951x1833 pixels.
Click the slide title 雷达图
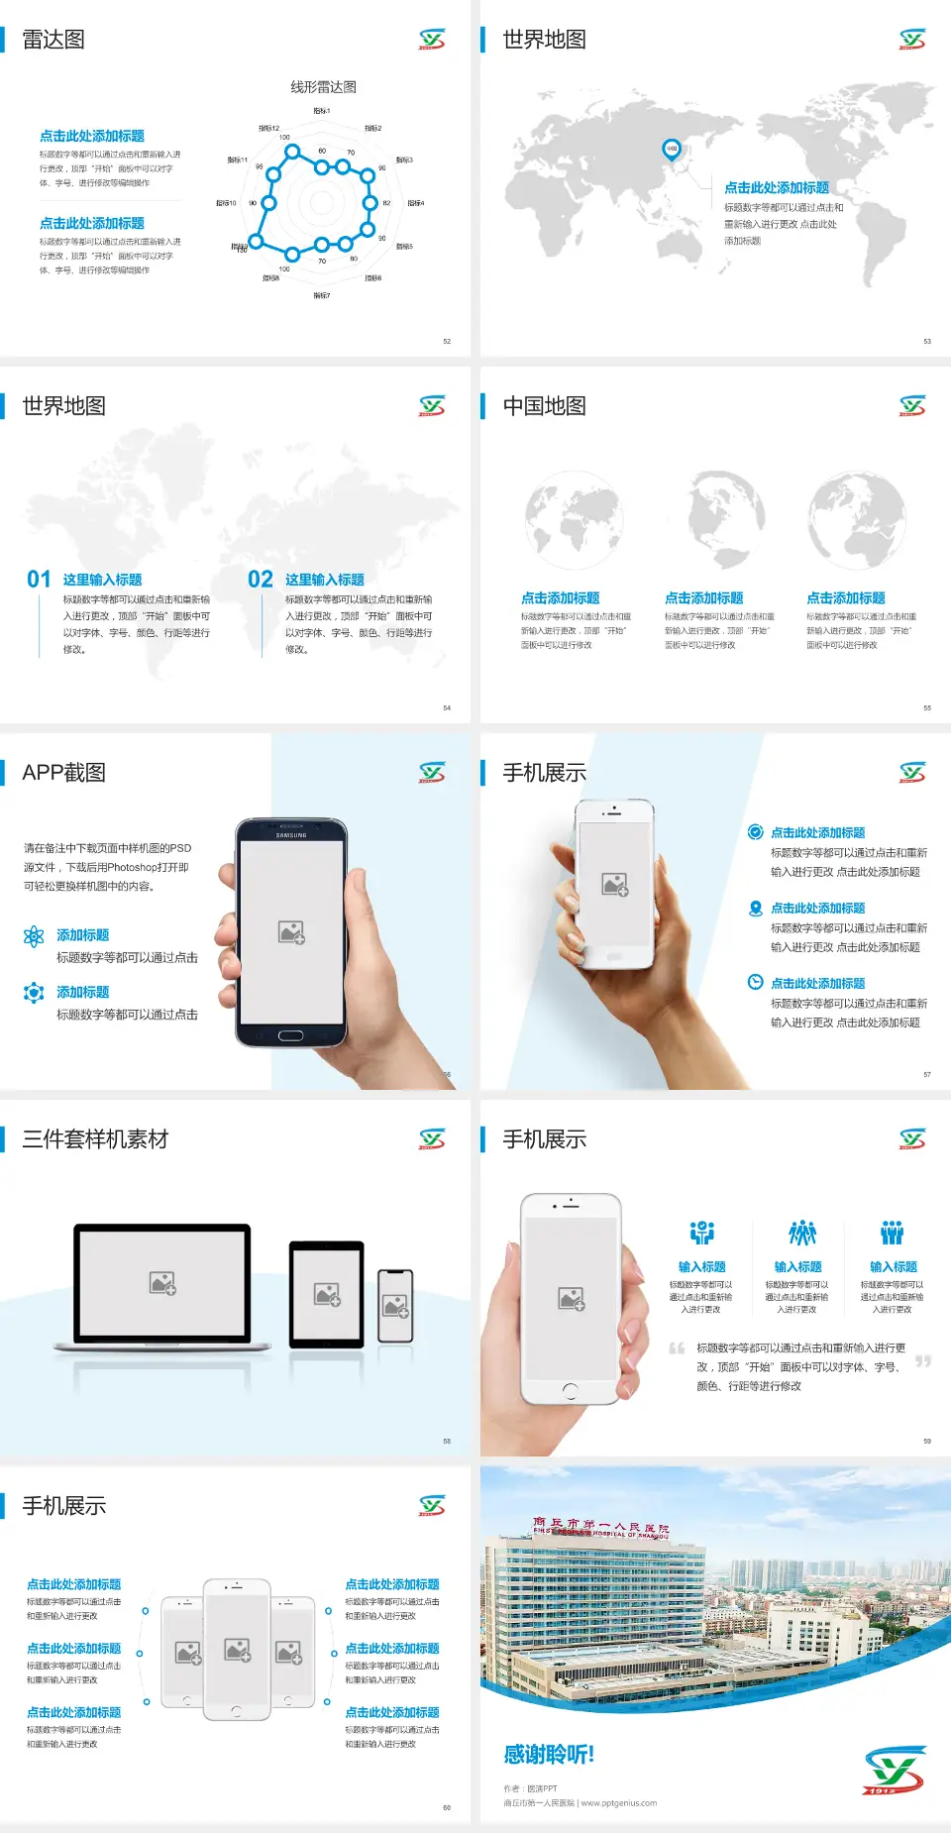[53, 40]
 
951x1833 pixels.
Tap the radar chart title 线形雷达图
[323, 87]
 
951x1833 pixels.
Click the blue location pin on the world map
[672, 150]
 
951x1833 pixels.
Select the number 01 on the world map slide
[39, 580]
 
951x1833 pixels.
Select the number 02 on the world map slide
[261, 580]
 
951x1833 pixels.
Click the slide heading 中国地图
[544, 406]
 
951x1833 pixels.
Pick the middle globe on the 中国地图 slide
[727, 518]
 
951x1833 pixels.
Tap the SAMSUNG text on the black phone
[291, 835]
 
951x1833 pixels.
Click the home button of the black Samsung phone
[290, 1035]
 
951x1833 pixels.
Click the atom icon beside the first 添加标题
[34, 936]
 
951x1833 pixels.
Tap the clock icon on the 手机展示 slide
[755, 982]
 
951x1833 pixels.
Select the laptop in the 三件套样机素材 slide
[162, 1287]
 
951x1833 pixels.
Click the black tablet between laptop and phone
[327, 1294]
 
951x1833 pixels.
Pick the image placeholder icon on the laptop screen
[162, 1283]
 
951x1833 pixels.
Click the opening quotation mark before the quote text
[677, 1348]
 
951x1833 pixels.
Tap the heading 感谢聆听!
[549, 1755]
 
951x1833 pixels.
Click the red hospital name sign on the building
[600, 1528]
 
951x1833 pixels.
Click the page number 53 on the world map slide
[927, 341]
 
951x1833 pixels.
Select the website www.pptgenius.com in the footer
[619, 1803]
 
